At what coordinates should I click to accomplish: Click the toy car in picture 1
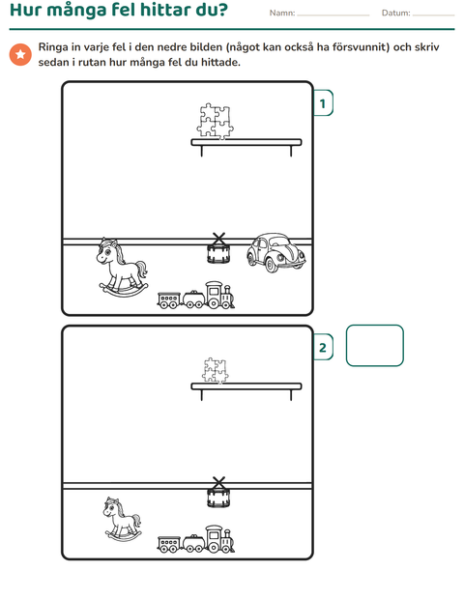275,252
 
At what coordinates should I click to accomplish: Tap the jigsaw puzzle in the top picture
216,121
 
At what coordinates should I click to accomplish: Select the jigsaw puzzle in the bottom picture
216,370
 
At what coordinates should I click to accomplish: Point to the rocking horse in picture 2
123,519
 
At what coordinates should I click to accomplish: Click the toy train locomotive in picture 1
219,296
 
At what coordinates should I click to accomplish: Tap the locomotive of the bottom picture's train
219,539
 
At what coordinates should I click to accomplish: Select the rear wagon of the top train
168,299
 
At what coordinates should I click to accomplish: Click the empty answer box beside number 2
374,346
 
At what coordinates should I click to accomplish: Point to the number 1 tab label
323,103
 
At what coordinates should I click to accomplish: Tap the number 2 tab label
323,347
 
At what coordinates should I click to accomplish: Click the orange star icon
20,54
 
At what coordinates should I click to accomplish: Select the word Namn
281,13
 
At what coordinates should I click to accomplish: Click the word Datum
395,13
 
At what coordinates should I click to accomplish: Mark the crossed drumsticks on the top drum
218,239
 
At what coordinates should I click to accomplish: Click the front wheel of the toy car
271,265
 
